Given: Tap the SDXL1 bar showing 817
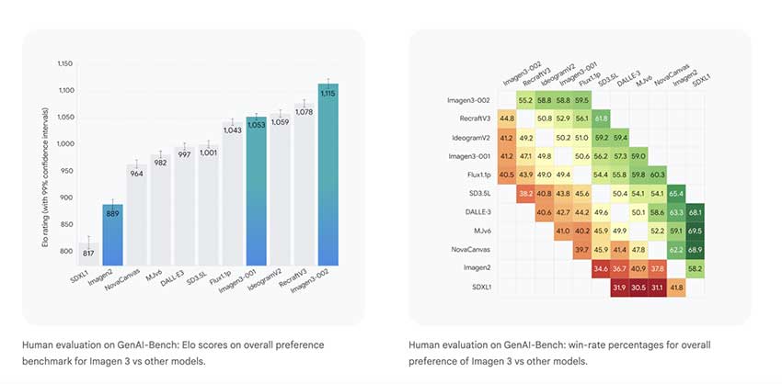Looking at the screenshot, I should (x=87, y=254).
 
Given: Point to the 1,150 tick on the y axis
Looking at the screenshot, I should (x=63, y=63).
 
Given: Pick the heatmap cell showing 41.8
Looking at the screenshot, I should (x=675, y=288).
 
